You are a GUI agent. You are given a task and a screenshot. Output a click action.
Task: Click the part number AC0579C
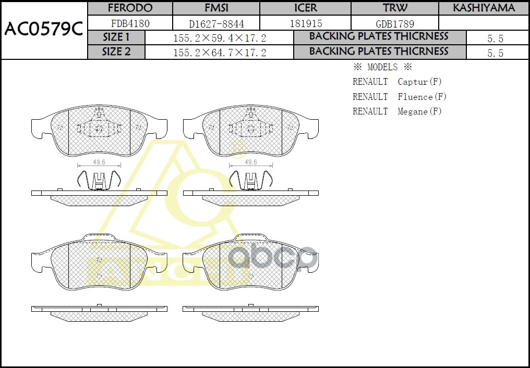(x=44, y=30)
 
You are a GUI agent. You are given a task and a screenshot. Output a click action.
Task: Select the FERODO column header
(x=130, y=8)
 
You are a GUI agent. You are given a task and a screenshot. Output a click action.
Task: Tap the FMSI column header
(x=216, y=8)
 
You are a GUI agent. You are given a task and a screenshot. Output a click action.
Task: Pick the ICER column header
(x=306, y=8)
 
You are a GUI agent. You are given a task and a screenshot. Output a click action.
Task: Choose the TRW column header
(x=395, y=8)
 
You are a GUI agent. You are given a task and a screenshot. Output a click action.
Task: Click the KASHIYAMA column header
(x=484, y=8)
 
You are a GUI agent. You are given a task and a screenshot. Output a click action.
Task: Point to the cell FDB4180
(x=130, y=23)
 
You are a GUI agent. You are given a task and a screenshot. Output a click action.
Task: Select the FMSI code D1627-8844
(x=216, y=23)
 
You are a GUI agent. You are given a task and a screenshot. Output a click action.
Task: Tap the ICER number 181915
(x=306, y=23)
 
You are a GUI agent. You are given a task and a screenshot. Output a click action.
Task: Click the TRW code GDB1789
(x=395, y=23)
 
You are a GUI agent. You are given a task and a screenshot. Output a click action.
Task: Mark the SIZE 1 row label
(x=116, y=37)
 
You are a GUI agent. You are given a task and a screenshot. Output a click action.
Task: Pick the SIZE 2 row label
(x=116, y=52)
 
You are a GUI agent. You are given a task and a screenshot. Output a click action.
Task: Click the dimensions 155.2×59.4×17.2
(x=220, y=39)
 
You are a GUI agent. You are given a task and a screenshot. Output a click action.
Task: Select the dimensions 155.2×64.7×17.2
(x=220, y=53)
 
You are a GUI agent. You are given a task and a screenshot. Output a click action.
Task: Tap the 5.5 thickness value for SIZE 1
(x=495, y=39)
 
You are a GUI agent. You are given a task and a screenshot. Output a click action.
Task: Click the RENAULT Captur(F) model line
(x=397, y=82)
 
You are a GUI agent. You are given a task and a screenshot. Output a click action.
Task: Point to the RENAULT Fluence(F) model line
(x=400, y=97)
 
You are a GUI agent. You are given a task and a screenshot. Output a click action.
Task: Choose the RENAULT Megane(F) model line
(x=397, y=111)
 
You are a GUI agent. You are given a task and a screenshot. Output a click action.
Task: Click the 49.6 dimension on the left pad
(x=99, y=162)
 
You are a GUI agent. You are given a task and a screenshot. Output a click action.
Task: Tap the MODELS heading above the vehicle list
(x=382, y=67)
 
